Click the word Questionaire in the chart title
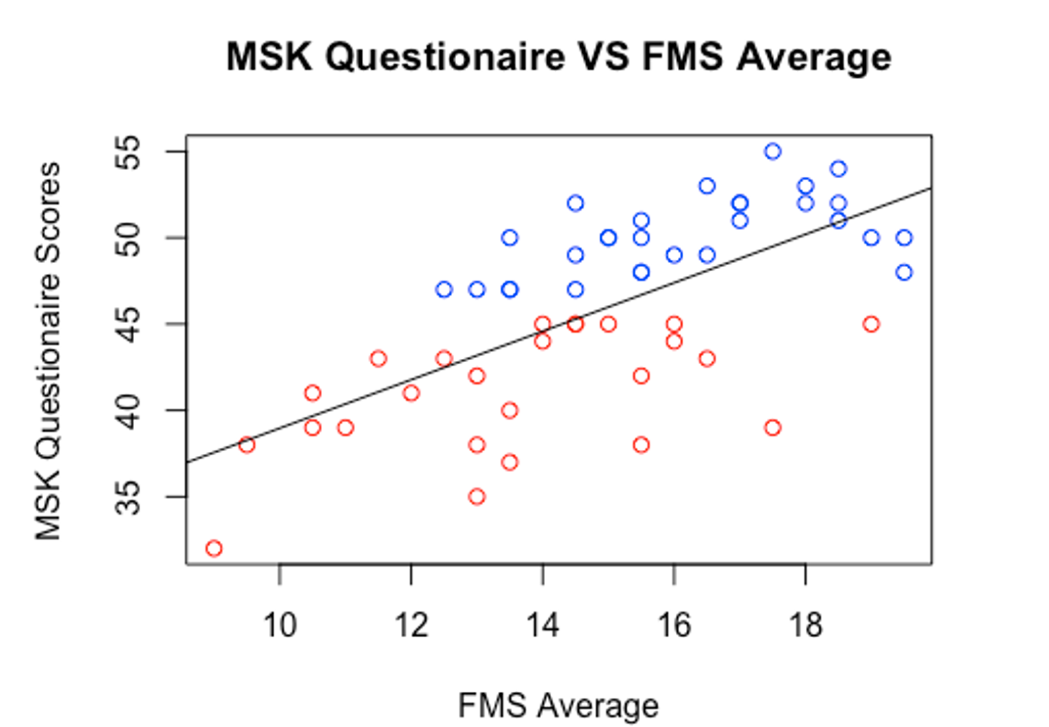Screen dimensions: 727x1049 click(x=445, y=56)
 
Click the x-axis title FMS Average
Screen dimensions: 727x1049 click(x=558, y=706)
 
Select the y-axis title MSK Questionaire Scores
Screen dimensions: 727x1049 click(x=48, y=351)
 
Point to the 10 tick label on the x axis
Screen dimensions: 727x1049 click(x=280, y=625)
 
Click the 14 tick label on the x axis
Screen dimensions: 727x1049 click(x=542, y=625)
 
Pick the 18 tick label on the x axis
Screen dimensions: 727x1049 click(x=805, y=625)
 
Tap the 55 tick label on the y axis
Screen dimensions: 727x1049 click(x=129, y=152)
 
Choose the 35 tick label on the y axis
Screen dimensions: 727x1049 click(x=129, y=497)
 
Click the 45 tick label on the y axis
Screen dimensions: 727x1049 click(x=129, y=324)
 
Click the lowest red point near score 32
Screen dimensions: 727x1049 click(x=214, y=548)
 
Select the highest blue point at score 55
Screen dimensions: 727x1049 click(x=773, y=152)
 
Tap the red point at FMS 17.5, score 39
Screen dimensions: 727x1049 click(x=773, y=427)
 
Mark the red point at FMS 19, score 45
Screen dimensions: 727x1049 click(x=871, y=324)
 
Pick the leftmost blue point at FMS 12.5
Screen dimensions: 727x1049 click(x=444, y=290)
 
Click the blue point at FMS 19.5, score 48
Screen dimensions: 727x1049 click(x=904, y=272)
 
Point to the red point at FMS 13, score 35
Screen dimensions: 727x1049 click(x=477, y=496)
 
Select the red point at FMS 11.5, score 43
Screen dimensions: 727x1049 click(x=378, y=359)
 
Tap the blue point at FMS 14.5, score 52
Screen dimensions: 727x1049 click(x=576, y=203)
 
